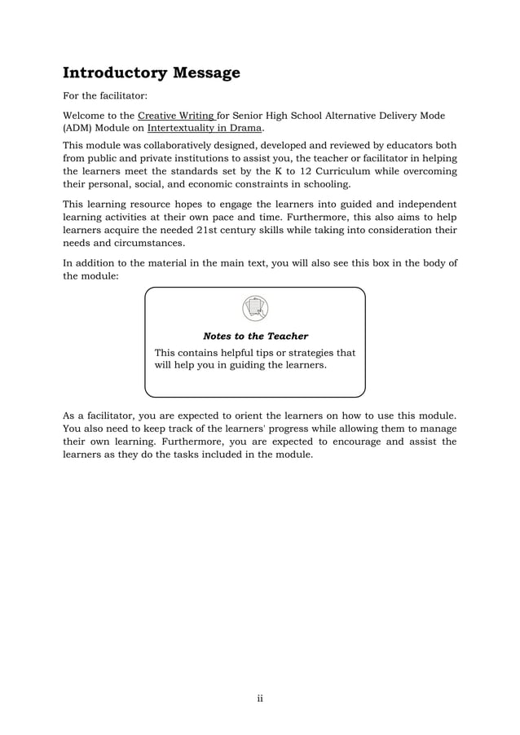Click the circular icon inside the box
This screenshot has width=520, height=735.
[255, 308]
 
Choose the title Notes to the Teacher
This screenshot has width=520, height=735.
[255, 336]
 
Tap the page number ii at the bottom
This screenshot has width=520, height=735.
[260, 698]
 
